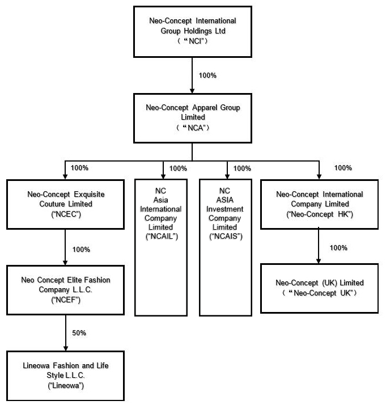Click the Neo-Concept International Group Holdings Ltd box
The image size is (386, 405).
pos(193,32)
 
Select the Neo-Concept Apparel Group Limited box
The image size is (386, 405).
pos(193,118)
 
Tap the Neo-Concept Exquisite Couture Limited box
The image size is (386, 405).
pos(66,204)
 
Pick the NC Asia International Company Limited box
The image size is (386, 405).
pos(161,247)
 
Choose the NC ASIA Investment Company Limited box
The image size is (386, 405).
pos(226,247)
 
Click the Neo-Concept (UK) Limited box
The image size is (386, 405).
pos(320,288)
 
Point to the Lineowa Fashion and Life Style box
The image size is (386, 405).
pos(66,376)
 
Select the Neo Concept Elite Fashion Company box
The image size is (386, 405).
pos(66,290)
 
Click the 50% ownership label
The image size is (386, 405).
pos(79,332)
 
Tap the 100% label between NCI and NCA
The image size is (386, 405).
pos(207,75)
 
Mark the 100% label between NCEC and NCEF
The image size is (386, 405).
pos(81,250)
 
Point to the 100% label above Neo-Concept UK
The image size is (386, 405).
pos(338,248)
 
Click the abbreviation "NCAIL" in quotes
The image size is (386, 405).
pos(162,237)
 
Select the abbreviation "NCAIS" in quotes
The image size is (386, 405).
pos(226,237)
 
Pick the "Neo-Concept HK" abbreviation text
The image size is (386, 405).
pos(320,214)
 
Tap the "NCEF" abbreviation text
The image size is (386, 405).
pos(66,300)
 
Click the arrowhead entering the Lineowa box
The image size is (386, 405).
pos(66,348)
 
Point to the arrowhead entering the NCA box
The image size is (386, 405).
pos(192,91)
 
